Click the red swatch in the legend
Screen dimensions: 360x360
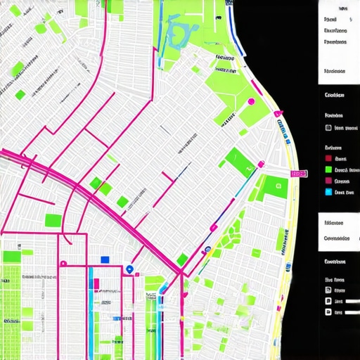pyautogui.click(x=328, y=160)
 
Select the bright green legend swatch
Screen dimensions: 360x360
pyautogui.click(x=328, y=170)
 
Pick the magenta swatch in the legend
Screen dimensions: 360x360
pyautogui.click(x=328, y=181)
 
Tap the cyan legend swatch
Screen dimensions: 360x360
pyautogui.click(x=328, y=191)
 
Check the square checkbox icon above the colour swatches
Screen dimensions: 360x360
pyautogui.click(x=328, y=128)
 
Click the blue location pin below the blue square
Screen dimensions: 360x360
pyautogui.click(x=129, y=269)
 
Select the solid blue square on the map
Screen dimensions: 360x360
pyautogui.click(x=105, y=259)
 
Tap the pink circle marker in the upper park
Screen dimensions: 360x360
pyautogui.click(x=251, y=102)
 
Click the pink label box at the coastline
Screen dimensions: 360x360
pyautogui.click(x=298, y=173)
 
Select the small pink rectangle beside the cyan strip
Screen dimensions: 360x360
pyautogui.click(x=96, y=284)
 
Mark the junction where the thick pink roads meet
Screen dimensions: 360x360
pyautogui.click(x=181, y=271)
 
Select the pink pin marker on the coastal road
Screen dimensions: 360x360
pyautogui.click(x=278, y=112)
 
